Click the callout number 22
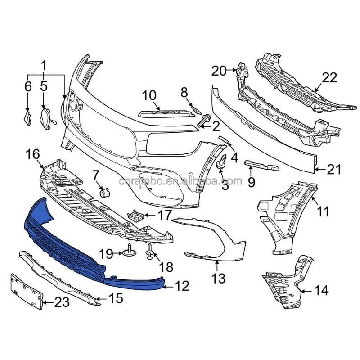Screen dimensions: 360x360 [x=329, y=78]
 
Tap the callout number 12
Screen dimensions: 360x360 [x=182, y=286]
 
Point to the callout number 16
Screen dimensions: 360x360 [x=33, y=155]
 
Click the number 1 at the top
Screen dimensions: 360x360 [x=44, y=66]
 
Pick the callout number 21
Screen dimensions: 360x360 [x=334, y=170]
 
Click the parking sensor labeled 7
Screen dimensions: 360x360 [x=105, y=193]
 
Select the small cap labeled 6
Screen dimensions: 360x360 [x=27, y=118]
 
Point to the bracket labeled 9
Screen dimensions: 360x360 [x=261, y=165]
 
